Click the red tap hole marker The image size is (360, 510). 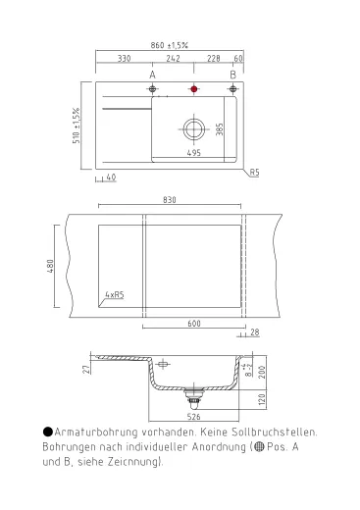tap(193, 90)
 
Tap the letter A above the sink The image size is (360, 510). tap(152, 75)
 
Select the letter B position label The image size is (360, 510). tap(232, 75)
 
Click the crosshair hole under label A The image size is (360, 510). tap(152, 90)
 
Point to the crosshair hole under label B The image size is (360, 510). tap(232, 90)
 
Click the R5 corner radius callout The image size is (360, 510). tap(253, 172)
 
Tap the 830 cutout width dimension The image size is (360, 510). tap(169, 201)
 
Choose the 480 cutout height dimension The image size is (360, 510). tap(48, 266)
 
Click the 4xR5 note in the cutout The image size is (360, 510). tap(113, 294)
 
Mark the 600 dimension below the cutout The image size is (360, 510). tap(194, 324)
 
